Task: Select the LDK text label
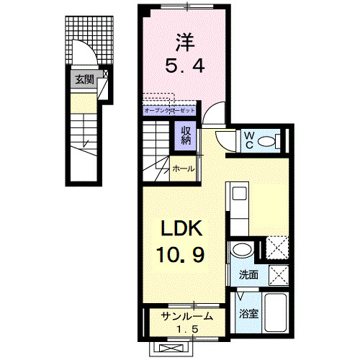[x=184, y=231]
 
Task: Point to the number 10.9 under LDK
[x=184, y=255]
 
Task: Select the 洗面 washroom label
[x=248, y=275]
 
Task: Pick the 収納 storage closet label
[x=185, y=135]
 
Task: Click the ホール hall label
[x=182, y=169]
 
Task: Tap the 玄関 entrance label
[x=84, y=79]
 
